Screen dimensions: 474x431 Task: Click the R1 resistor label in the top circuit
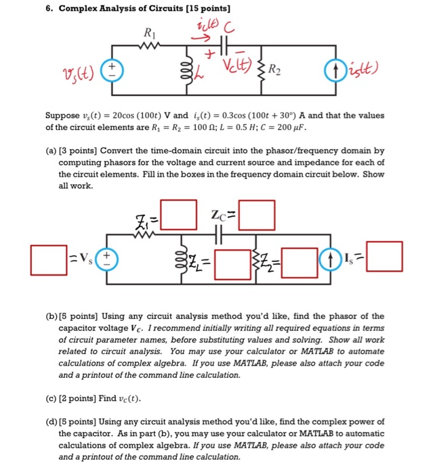(148, 31)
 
